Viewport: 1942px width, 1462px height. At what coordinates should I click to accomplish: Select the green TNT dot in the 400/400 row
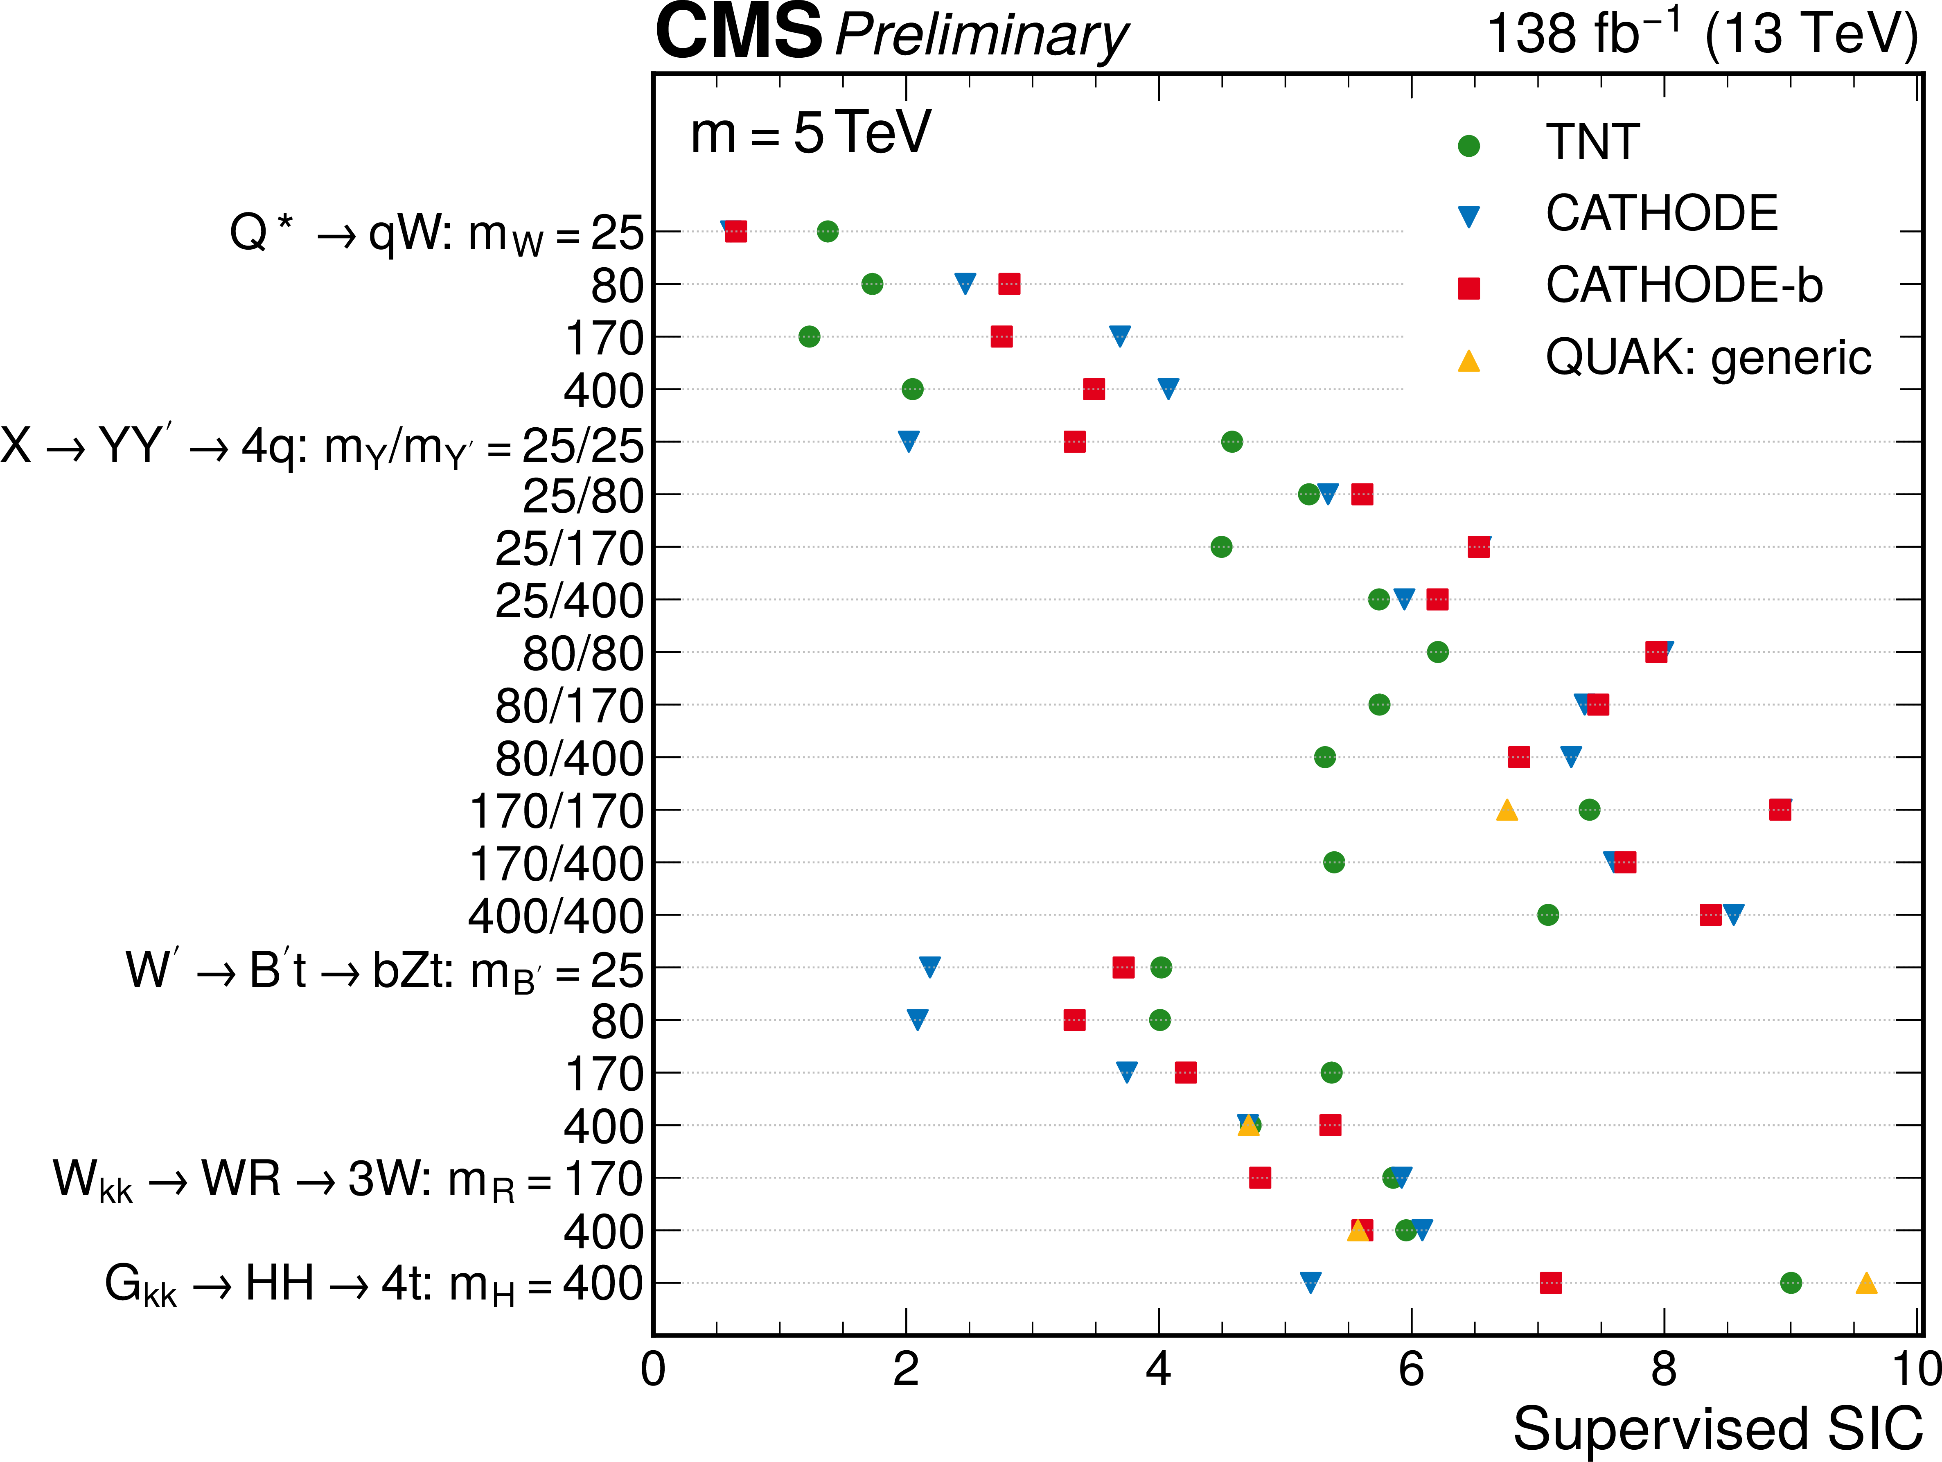click(1548, 915)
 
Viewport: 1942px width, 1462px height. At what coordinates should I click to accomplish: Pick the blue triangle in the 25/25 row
click(909, 441)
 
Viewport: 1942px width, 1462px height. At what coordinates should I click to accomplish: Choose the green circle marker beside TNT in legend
click(1469, 146)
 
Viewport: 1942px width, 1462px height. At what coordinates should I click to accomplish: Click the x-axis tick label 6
click(1411, 1370)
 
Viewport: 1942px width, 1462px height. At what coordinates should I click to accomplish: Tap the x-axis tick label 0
click(653, 1370)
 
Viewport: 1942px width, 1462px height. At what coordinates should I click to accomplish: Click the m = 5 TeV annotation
click(810, 133)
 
